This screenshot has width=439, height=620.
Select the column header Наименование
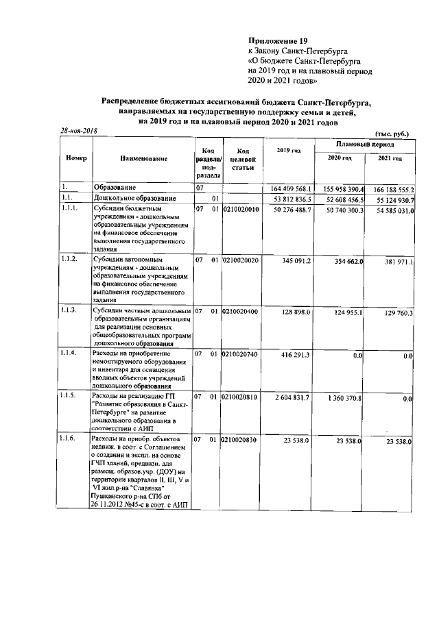[x=143, y=158]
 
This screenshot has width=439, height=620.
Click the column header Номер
[x=75, y=158]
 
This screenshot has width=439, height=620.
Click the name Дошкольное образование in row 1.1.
[x=132, y=198]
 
